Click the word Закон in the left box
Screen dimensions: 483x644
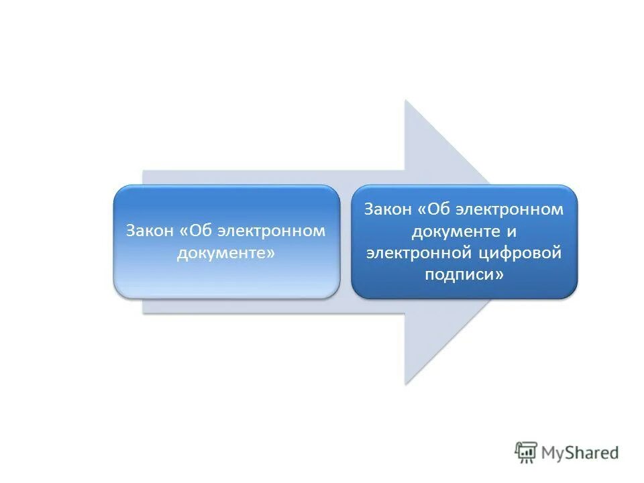[150, 231]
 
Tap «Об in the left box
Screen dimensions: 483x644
[196, 231]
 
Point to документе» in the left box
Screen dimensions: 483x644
[226, 253]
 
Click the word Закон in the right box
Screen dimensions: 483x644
[388, 210]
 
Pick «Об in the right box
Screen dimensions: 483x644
[434, 210]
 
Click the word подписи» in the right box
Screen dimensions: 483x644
[464, 274]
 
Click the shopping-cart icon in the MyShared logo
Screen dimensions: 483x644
[526, 453]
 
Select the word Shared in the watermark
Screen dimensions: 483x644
[593, 453]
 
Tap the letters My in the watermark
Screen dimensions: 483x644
[554, 453]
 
